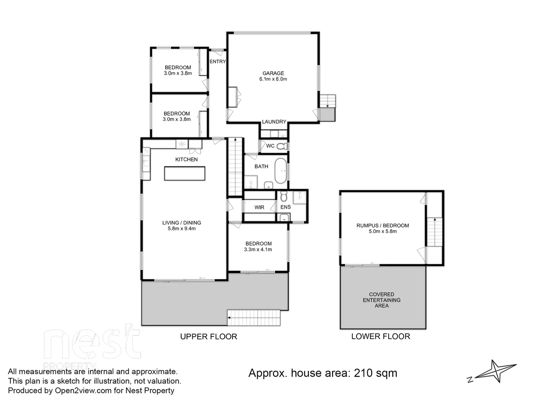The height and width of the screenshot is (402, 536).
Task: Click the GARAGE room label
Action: [x=273, y=73]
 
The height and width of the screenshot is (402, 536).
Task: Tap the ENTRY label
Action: [x=217, y=61]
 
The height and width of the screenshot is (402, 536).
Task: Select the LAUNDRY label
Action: [x=274, y=122]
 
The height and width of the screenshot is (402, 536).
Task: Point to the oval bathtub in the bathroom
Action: [x=281, y=170]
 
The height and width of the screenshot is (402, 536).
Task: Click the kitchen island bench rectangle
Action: [x=185, y=174]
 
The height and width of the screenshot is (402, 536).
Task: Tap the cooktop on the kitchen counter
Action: [x=182, y=144]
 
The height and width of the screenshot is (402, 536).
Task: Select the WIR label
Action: [x=259, y=207]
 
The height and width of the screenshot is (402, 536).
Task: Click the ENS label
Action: [x=285, y=207]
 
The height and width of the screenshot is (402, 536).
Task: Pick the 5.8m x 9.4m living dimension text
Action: [x=182, y=229]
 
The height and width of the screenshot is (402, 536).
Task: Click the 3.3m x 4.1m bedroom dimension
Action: [x=258, y=249]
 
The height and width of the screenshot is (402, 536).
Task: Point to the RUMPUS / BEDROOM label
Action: [x=383, y=225]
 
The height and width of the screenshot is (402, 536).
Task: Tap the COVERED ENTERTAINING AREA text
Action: [x=382, y=300]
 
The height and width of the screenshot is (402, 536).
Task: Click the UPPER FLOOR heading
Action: [x=208, y=336]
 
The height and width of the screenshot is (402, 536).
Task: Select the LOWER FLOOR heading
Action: [x=380, y=336]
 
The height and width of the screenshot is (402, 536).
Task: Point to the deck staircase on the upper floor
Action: [x=254, y=318]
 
